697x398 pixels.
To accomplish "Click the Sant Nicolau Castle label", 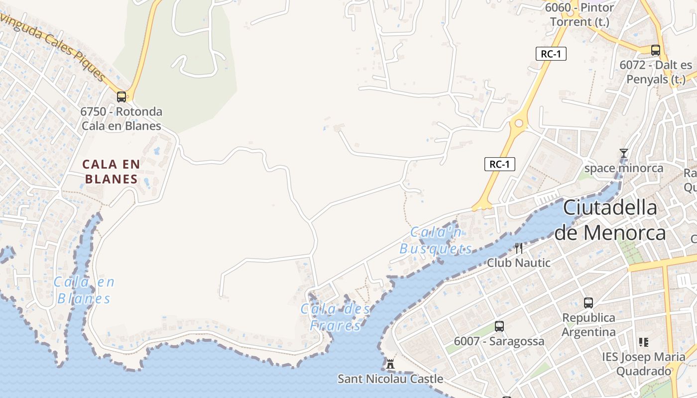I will (x=390, y=379).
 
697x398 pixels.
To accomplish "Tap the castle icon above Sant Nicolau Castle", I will (x=390, y=364).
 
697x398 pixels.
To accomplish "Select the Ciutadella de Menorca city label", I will (x=610, y=220).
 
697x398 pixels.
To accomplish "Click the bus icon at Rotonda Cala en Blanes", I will (x=121, y=97).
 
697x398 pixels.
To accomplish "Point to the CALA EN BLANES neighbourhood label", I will (x=111, y=171).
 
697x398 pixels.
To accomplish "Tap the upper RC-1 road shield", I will (x=551, y=54).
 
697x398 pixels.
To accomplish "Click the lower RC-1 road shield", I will (x=499, y=164).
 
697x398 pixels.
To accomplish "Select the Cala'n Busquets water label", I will (x=436, y=240).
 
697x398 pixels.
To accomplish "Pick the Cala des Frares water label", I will (x=336, y=317).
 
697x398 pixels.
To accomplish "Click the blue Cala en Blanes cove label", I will (x=84, y=290).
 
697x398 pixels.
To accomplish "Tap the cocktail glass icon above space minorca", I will (x=623, y=153).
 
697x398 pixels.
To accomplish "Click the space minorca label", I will (x=623, y=168).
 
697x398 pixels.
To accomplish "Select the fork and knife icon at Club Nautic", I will (x=519, y=248).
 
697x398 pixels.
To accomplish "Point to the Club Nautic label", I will (x=519, y=263).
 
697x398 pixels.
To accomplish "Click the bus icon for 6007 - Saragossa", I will (x=499, y=326).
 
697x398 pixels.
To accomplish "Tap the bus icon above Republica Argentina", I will (x=588, y=302).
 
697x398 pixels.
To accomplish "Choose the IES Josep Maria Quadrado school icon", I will (x=644, y=342).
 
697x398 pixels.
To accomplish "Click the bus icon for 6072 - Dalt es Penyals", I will (x=656, y=50).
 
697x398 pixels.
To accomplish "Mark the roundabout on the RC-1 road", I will (x=519, y=123).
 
